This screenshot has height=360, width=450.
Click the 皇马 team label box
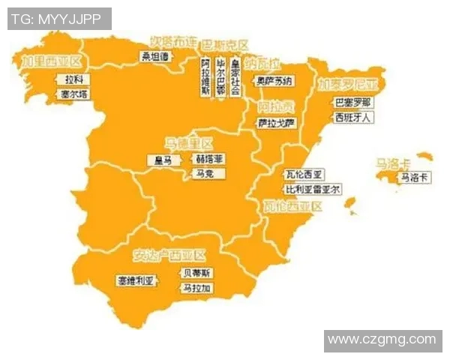coord(163,160)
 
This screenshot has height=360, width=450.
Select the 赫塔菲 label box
coord(208,159)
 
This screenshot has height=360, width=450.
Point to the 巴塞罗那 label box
coord(352,102)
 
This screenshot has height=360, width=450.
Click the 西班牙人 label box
coord(353,118)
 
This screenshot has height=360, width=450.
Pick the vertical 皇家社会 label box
coord(235,76)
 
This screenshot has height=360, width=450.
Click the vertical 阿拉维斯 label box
coord(205,76)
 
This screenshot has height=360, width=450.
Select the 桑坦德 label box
coord(156,56)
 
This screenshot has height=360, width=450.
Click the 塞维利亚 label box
coord(135,280)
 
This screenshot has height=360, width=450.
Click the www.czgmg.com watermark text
coord(382,340)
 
